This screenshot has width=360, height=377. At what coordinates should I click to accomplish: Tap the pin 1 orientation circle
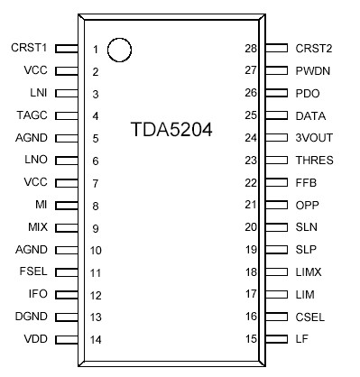pos(119,51)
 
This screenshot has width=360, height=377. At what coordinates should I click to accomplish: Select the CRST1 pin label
pos(29,48)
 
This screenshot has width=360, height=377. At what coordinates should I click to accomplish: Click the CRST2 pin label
pos(314,48)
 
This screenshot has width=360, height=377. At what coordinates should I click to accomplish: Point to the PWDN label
pos(313,70)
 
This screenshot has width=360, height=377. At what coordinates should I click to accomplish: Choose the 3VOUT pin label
pos(313,138)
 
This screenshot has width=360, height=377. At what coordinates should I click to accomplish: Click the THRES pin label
pos(314,161)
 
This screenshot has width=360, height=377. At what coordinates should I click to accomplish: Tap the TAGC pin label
pos(32,115)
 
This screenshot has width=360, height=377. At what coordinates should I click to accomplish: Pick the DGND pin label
pos(32,317)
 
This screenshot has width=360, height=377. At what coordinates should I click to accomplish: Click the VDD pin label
pos(36,339)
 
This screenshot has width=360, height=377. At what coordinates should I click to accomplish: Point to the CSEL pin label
pos(311,317)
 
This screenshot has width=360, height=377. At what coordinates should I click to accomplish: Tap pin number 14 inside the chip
pos(96,339)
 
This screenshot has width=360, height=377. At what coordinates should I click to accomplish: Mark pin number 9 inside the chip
pos(96,227)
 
